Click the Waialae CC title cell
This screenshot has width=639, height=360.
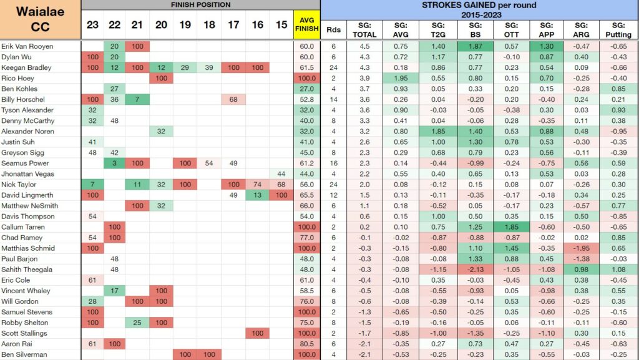[41, 19]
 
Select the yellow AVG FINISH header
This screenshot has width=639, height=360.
[307, 25]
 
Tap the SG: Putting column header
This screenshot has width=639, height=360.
[618, 30]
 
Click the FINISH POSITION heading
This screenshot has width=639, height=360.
[201, 5]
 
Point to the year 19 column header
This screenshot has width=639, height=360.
[185, 25]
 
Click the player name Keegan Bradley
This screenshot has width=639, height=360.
[26, 67]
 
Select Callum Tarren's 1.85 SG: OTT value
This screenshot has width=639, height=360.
[511, 227]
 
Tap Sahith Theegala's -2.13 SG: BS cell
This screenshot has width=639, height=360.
[475, 270]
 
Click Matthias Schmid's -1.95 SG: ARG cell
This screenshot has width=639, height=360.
[581, 248]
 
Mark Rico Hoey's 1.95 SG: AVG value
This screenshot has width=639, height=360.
[401, 78]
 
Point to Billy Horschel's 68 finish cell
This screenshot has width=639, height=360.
[233, 99]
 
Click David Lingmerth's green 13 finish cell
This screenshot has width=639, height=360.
[257, 195]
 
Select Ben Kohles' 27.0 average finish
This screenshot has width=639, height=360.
[307, 89]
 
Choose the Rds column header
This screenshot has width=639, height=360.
[333, 30]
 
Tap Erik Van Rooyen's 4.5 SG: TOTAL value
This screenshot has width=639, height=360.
[364, 46]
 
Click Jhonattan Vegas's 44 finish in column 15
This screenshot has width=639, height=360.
[281, 174]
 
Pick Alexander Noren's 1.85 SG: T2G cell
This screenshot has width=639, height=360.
[437, 131]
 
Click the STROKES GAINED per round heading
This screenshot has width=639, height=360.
[479, 10]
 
